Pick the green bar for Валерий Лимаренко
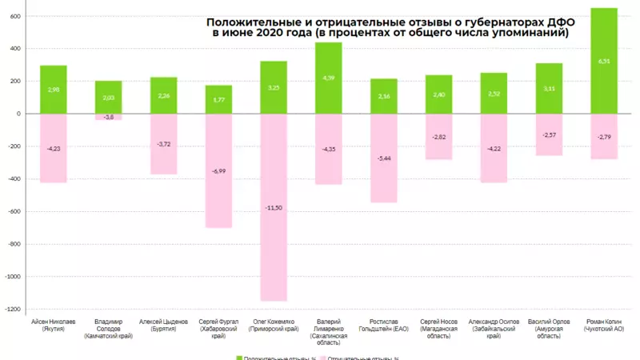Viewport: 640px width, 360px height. tap(328, 78)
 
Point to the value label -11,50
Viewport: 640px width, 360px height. tap(274, 208)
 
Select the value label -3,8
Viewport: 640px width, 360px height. tap(109, 118)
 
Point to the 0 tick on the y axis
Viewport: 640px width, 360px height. tap(16, 114)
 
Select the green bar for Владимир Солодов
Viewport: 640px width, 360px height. tap(109, 97)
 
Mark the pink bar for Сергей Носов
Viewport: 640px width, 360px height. tap(438, 137)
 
